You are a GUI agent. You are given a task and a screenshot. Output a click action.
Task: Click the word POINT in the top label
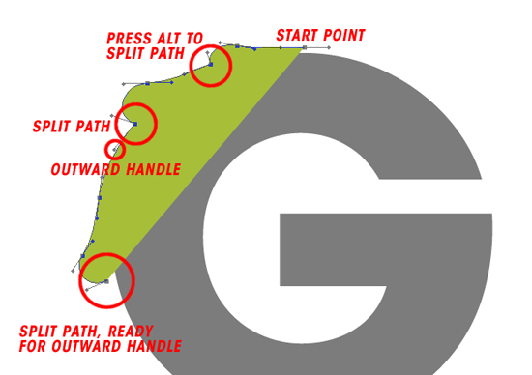(x=344, y=36)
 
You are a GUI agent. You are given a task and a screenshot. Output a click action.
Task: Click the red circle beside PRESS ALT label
(x=210, y=66)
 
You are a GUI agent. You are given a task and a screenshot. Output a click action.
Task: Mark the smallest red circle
(x=115, y=150)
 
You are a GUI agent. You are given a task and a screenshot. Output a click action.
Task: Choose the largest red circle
(x=106, y=278)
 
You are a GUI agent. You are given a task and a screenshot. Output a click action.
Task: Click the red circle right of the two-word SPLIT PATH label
(x=136, y=124)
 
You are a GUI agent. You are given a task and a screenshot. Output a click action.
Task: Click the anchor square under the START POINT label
(x=305, y=47)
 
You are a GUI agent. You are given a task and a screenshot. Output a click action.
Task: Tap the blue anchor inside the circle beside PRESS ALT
(x=209, y=65)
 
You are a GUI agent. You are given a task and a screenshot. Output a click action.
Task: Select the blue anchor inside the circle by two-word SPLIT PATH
(x=135, y=124)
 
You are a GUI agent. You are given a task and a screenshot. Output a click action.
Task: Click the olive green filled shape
(x=184, y=145)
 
